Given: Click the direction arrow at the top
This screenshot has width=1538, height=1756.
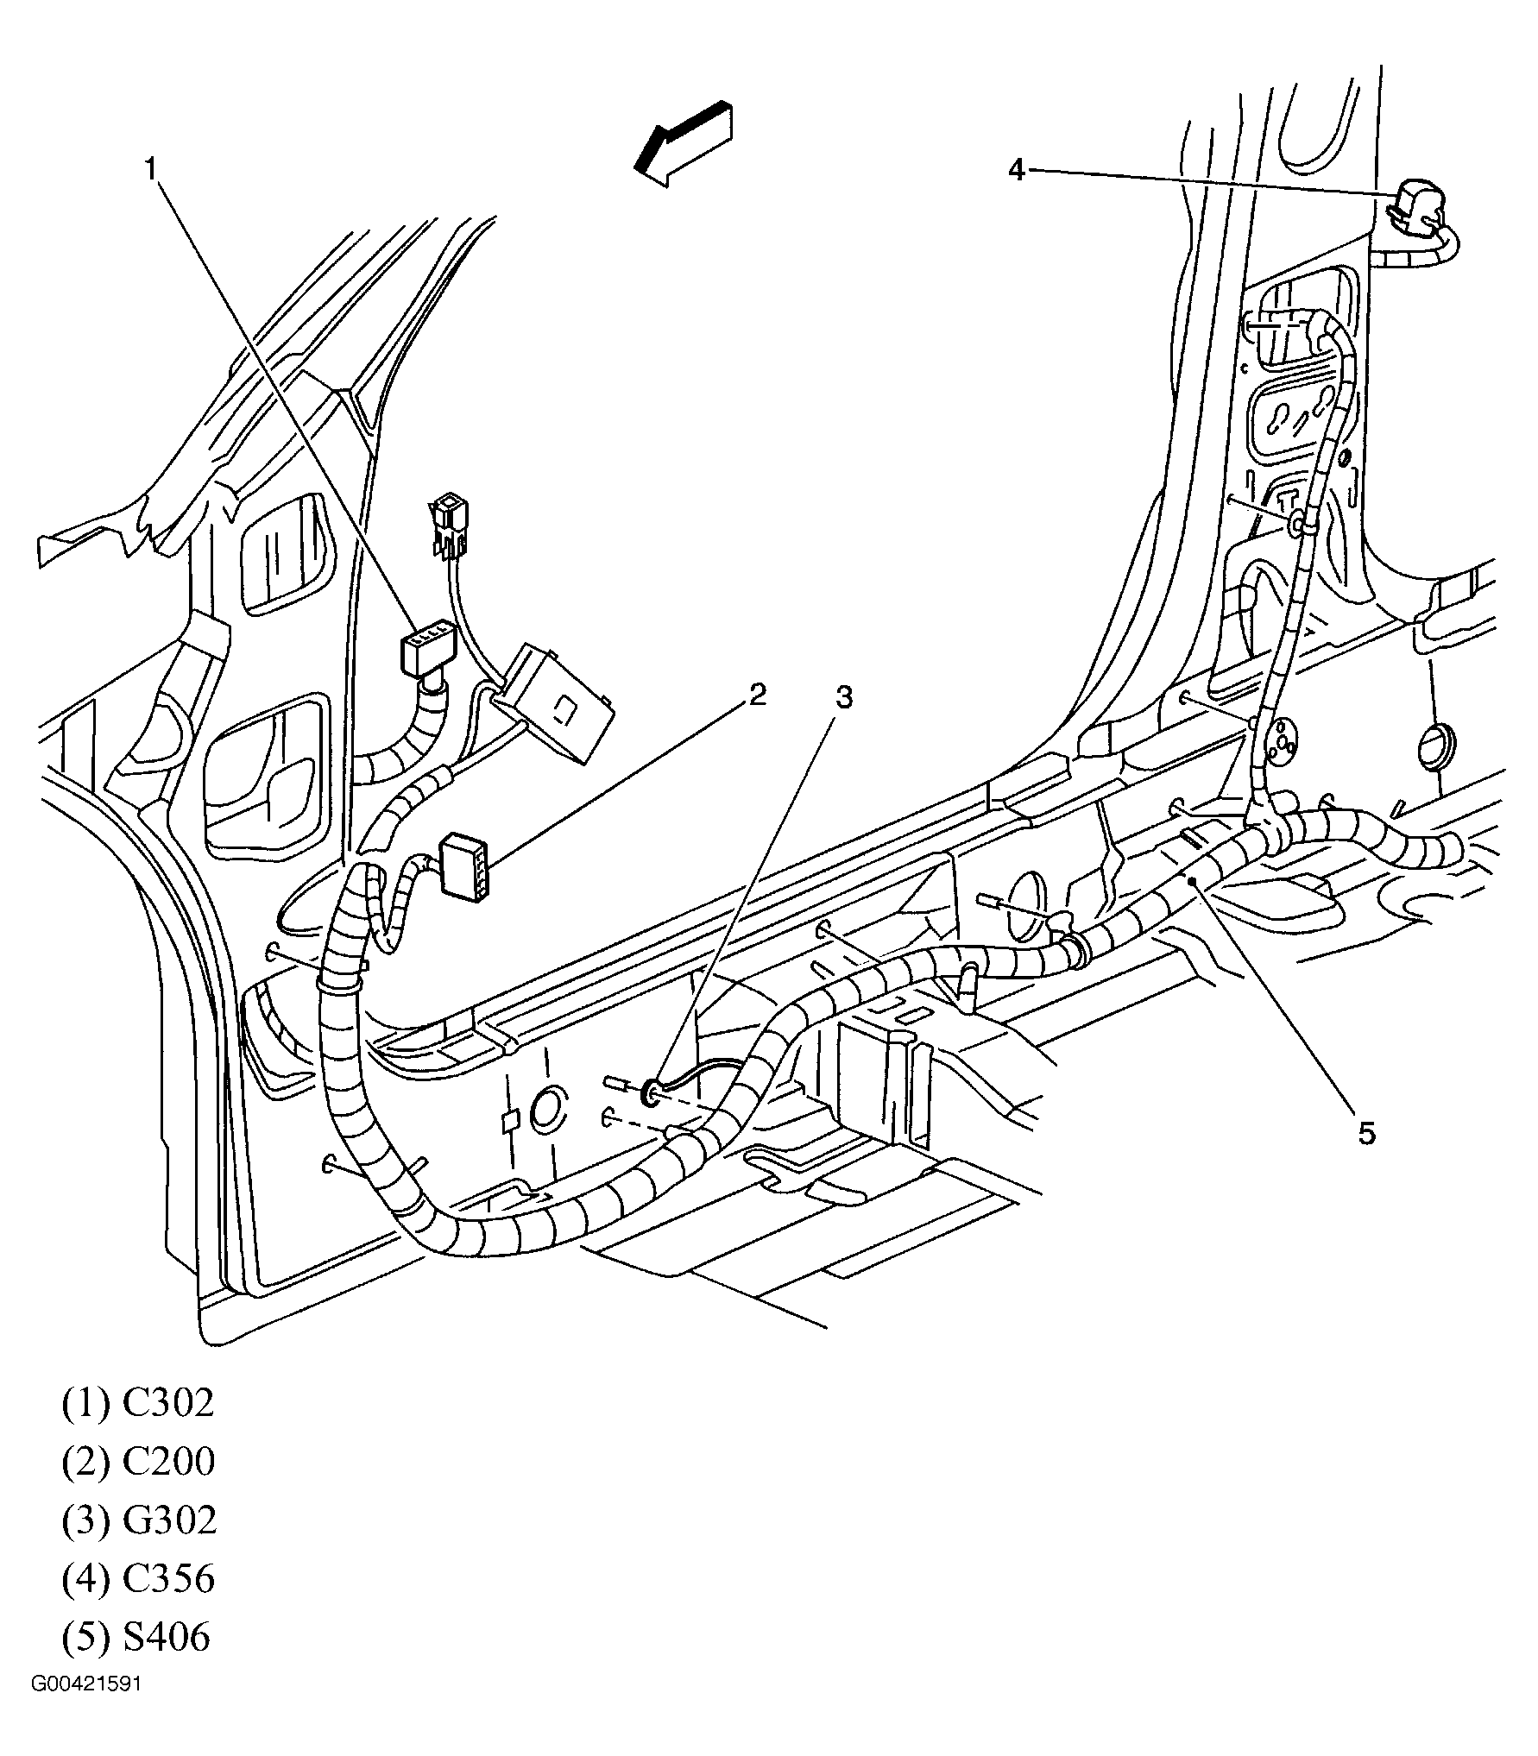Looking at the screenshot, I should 684,144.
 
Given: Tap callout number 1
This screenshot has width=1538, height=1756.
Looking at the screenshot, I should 151,168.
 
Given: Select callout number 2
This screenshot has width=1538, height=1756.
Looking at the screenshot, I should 756,695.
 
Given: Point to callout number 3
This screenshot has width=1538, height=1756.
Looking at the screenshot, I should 843,697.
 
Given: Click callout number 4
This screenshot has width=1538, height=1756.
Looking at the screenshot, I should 1017,170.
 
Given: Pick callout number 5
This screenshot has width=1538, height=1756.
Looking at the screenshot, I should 1366,1133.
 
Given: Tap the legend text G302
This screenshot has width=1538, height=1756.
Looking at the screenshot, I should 168,1520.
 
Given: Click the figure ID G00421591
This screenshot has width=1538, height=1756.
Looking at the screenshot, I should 86,1684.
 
